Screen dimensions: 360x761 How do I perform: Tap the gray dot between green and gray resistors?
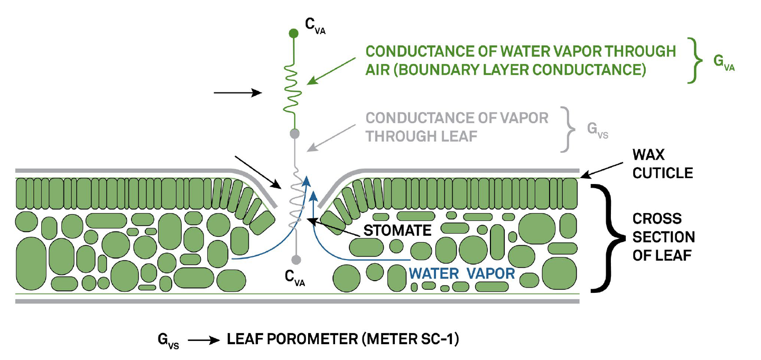(x=295, y=133)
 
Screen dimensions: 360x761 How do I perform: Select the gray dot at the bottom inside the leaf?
(x=296, y=259)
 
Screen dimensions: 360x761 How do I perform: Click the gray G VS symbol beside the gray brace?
(x=598, y=130)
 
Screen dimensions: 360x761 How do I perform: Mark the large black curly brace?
(x=607, y=238)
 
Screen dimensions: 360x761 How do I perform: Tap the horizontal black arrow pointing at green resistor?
(x=238, y=93)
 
